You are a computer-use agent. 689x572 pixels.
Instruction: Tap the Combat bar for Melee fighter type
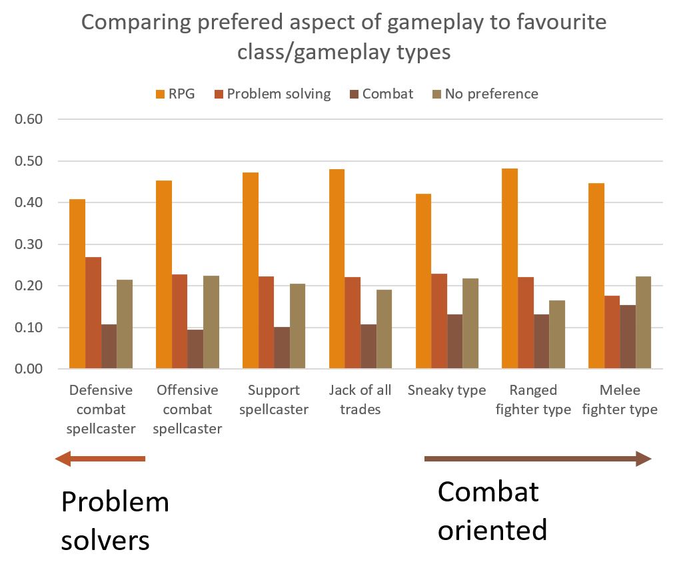tap(627, 337)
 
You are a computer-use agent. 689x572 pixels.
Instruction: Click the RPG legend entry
tap(175, 94)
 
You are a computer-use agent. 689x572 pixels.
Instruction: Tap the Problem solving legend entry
tap(273, 94)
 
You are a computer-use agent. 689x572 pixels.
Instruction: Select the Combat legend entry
tap(381, 94)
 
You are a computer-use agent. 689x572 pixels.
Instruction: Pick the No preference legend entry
tap(484, 94)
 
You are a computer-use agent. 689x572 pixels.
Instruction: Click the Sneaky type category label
tap(446, 390)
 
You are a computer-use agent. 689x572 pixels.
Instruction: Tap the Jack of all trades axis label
tap(360, 400)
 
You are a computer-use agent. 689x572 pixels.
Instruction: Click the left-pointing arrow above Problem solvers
tap(100, 458)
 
